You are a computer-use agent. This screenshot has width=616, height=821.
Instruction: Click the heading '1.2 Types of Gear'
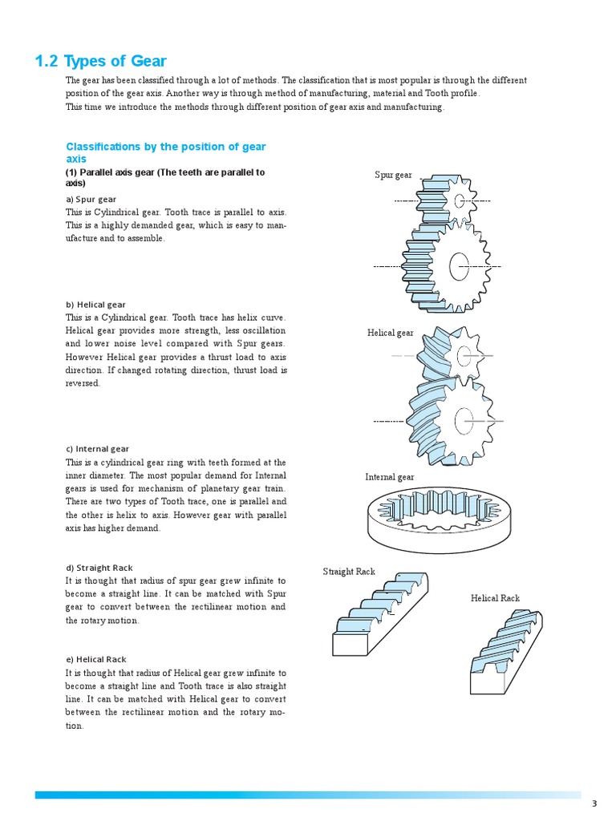(101, 62)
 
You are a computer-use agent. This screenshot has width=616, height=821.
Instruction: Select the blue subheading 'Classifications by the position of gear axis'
(165, 152)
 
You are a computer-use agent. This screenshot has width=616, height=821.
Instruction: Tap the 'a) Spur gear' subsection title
(91, 199)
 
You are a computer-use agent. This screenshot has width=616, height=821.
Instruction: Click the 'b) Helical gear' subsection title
(95, 305)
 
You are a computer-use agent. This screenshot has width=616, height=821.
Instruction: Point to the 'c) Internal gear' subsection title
(97, 449)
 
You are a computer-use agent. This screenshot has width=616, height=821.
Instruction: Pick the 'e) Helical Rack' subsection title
(95, 659)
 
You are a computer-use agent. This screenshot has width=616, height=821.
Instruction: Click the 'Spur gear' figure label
(393, 175)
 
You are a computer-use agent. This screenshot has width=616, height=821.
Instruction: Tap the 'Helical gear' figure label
(391, 333)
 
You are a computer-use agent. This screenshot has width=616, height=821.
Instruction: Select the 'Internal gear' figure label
(390, 477)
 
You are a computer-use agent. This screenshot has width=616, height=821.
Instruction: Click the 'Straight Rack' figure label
(349, 572)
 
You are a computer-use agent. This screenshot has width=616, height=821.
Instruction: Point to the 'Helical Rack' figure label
(495, 598)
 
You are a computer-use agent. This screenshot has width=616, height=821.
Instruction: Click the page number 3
(594, 803)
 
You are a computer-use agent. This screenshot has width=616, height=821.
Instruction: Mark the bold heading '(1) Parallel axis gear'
(164, 177)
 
